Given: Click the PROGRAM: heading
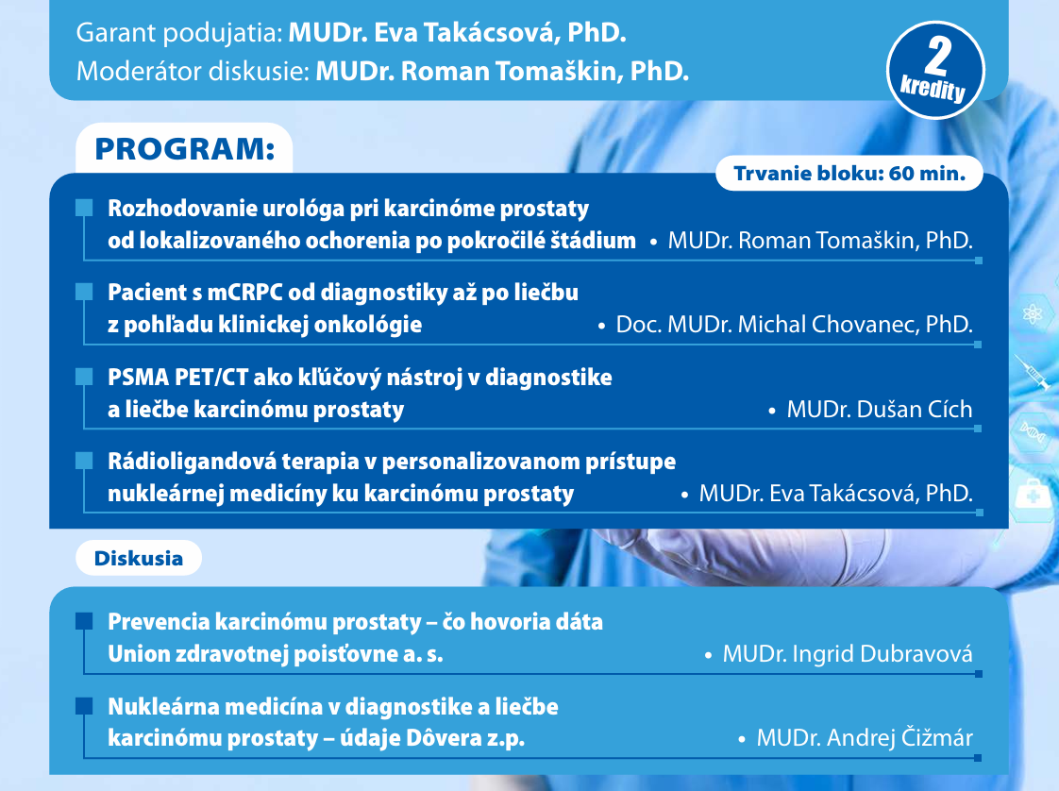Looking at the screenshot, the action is (x=185, y=149).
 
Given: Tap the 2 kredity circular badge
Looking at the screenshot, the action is (x=935, y=70).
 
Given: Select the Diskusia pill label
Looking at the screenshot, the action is (x=139, y=558).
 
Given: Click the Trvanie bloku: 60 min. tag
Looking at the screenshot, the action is (x=849, y=174).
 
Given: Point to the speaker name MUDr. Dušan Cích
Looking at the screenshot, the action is (x=880, y=409).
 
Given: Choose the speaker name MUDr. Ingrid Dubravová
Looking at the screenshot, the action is (x=848, y=654).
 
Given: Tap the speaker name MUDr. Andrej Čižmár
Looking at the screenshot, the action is (x=865, y=737).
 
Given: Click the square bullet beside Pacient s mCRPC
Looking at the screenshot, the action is (x=84, y=292).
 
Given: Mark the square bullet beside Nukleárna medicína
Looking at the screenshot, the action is (x=84, y=706).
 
